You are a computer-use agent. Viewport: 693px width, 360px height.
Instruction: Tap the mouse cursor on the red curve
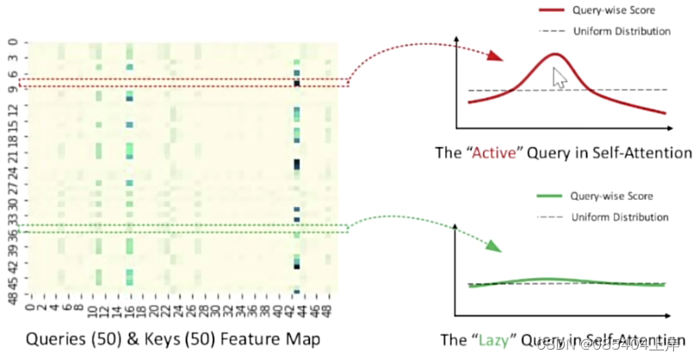point(560,79)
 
